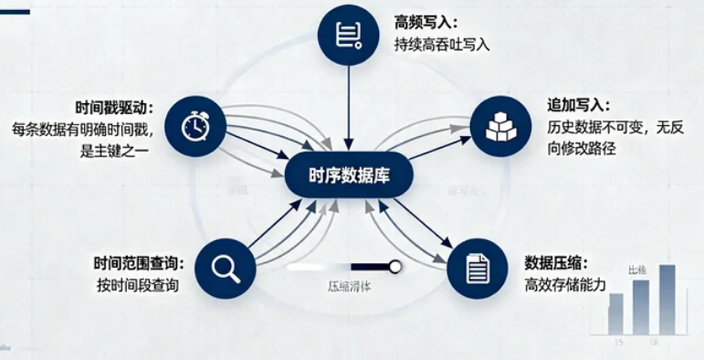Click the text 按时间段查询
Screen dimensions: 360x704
[137, 285]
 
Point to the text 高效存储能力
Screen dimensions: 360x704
[565, 285]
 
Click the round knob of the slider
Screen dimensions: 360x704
[395, 267]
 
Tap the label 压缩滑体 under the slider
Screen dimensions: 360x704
[349, 285]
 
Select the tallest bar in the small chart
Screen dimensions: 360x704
[667, 299]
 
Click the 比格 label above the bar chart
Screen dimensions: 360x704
[637, 270]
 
